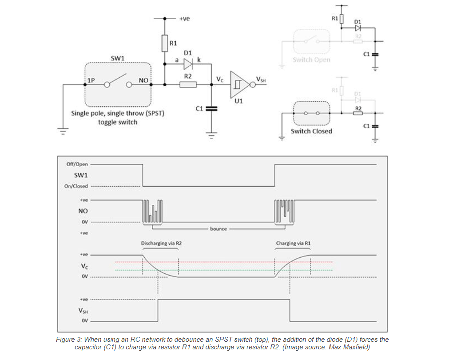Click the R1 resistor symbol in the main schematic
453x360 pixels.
[x=164, y=44]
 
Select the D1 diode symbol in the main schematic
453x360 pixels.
[x=187, y=64]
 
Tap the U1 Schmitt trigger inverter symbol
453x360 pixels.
[x=238, y=84]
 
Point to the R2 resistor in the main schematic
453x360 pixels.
[x=188, y=84]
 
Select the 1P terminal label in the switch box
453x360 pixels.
[x=91, y=80]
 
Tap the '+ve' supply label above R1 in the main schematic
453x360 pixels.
[x=184, y=19]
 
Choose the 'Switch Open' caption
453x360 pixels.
[x=311, y=60]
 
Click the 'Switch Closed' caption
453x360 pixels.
[x=311, y=131]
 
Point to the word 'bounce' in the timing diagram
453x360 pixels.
[x=218, y=228]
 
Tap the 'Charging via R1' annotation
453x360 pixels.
[x=293, y=244]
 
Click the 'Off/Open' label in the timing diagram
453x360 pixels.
[x=77, y=164]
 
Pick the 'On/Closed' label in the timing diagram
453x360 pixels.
[x=76, y=186]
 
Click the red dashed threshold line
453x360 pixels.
[x=222, y=262]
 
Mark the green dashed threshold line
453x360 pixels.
[x=222, y=270]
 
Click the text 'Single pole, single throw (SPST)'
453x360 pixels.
[x=118, y=113]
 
